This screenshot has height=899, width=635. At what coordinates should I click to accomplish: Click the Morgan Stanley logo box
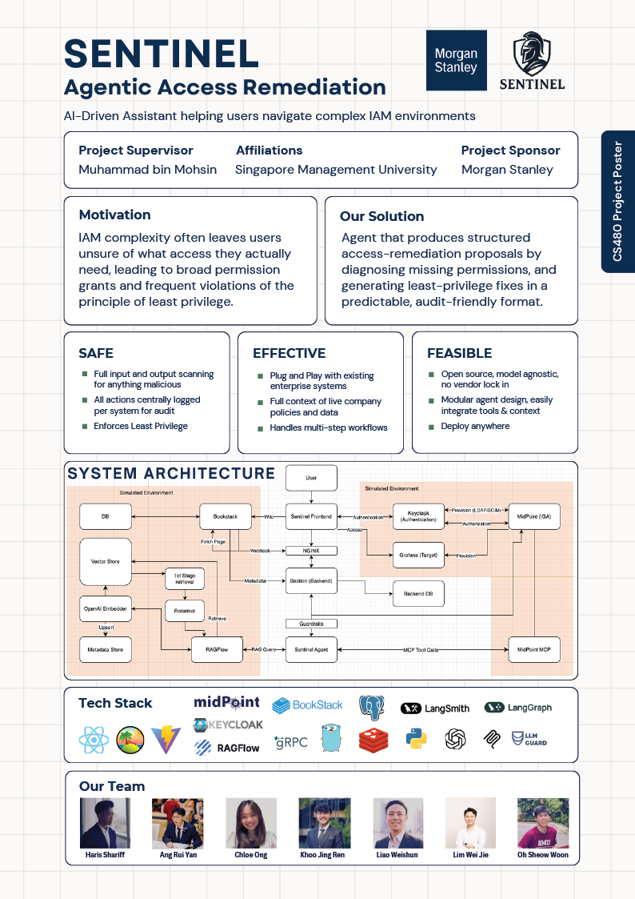(456, 62)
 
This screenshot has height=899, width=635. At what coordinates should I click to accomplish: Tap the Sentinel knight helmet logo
(532, 62)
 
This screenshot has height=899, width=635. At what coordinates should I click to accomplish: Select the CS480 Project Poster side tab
(617, 202)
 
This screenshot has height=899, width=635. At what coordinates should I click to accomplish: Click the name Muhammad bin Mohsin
(147, 170)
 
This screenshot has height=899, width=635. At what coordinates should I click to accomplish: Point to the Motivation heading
(114, 215)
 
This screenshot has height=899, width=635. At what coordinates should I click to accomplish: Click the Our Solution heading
(381, 216)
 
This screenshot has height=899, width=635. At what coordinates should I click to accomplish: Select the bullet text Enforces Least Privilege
(141, 426)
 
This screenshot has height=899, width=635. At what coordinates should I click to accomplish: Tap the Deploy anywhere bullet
(475, 426)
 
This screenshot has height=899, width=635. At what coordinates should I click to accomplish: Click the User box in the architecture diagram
(311, 478)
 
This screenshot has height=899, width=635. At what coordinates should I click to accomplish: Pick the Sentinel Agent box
(311, 649)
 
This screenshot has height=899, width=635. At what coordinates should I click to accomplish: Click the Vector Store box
(106, 561)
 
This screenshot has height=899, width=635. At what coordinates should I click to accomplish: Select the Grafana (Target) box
(418, 554)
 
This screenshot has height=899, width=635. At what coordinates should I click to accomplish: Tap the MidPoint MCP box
(533, 649)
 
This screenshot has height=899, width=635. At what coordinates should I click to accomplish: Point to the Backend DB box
(418, 594)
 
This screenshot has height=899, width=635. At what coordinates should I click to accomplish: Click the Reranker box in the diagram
(184, 610)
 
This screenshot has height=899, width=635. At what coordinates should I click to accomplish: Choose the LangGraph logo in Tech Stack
(518, 708)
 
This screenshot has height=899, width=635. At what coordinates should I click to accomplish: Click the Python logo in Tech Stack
(414, 739)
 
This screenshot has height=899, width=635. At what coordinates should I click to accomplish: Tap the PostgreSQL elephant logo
(371, 708)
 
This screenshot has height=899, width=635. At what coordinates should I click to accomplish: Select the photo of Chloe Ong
(251, 823)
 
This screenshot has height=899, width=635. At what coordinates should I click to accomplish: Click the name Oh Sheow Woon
(543, 855)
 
